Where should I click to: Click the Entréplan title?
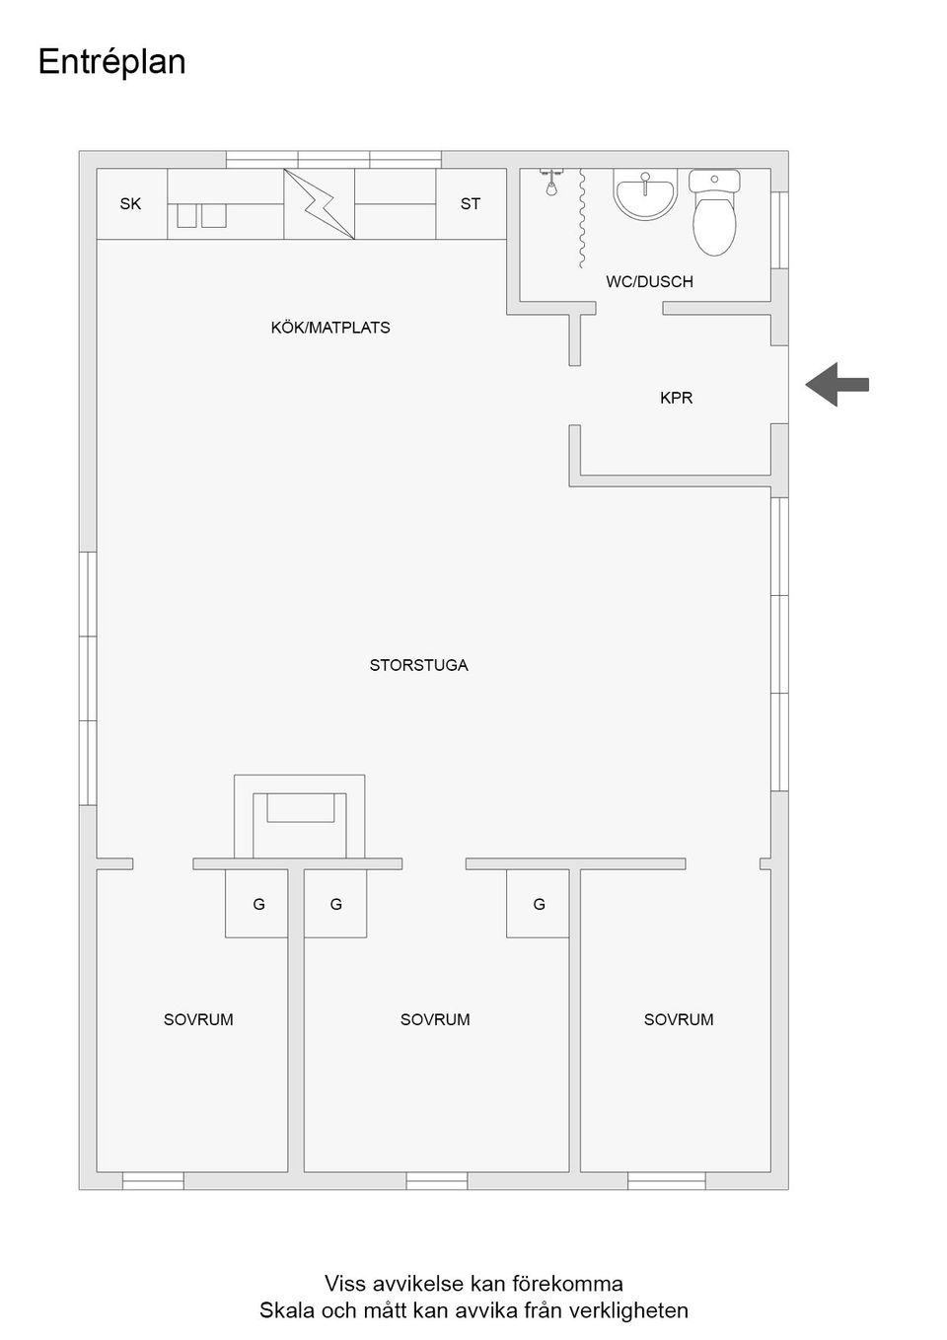pos(111,62)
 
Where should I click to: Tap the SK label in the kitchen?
pos(130,204)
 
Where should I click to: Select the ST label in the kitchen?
pos(470,204)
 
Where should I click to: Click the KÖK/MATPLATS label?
pos(330,328)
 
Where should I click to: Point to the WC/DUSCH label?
pos(649,282)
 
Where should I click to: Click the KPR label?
pos(676,398)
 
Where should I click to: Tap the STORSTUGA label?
pos(418,665)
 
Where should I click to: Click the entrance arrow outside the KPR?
pos(837,385)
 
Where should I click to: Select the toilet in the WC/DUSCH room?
pos(714,212)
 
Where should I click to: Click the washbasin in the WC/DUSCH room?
pos(645,193)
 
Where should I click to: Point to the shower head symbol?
pos(550,182)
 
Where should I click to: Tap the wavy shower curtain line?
pos(580,218)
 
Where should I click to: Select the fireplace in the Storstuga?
pos(300,817)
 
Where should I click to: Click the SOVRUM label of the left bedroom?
pos(198,1019)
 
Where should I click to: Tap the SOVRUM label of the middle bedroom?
pos(435,1019)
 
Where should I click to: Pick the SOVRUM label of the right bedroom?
pos(679,1019)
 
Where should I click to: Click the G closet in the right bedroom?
pos(538,903)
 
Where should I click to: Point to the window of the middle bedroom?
pos(437,1180)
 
